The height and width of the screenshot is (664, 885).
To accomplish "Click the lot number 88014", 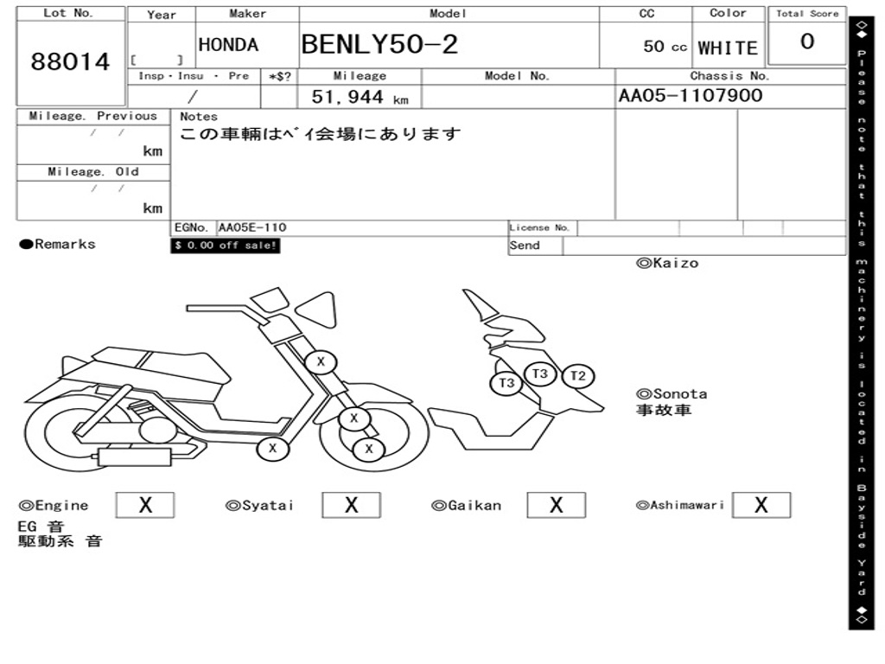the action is tap(71, 62).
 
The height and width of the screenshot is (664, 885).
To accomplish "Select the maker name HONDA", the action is tap(228, 45).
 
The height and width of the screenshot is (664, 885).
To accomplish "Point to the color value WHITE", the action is tap(728, 48).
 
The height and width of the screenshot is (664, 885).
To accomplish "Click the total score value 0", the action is tap(806, 41).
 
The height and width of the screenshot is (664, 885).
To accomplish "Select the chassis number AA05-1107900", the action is tap(690, 95).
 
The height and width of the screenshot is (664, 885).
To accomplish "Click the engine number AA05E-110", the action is tap(252, 228).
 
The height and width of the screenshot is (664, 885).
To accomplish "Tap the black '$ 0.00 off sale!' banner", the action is tap(226, 246).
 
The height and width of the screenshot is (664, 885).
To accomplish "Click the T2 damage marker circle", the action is tap(578, 376).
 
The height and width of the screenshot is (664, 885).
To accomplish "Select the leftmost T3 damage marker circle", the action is tap(506, 383).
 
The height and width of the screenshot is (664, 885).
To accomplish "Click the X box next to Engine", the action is tap(144, 505).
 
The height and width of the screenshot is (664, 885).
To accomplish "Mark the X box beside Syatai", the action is tap(351, 505).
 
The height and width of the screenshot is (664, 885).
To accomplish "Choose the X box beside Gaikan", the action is tap(556, 505).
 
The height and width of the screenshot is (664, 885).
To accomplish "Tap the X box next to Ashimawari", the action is tap(761, 505).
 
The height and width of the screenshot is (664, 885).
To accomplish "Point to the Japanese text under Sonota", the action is tap(664, 410).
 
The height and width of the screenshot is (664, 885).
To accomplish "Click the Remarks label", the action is tap(58, 245).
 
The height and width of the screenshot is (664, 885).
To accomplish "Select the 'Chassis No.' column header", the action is tap(729, 76).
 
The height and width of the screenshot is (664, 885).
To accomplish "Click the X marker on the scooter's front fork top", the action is tap(321, 361).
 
